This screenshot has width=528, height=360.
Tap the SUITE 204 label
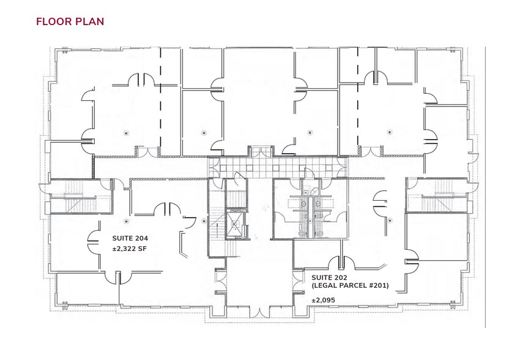(130, 238)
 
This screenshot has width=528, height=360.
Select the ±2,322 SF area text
(129, 249)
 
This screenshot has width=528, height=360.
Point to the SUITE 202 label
(329, 278)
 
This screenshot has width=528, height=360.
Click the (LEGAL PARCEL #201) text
(350, 286)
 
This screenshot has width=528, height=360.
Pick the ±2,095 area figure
(323, 300)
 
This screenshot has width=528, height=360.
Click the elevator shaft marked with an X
(236, 224)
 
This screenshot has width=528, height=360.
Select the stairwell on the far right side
(437, 195)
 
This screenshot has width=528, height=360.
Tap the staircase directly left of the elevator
(217, 222)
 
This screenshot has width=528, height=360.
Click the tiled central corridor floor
(278, 168)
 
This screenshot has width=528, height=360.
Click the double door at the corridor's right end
(343, 167)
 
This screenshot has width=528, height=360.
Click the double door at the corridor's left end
(213, 167)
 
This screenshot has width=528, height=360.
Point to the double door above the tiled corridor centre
(260, 152)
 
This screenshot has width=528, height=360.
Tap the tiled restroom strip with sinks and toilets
(309, 213)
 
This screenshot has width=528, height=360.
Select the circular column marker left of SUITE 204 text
(127, 222)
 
